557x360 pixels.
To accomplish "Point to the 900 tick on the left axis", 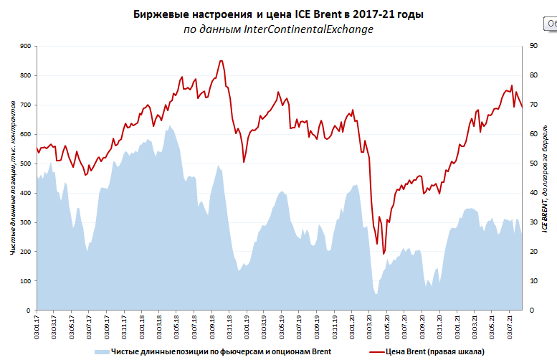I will click(x=26, y=46).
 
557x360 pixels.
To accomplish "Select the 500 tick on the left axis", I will click(x=26, y=164).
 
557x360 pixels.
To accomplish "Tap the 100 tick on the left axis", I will click(x=26, y=281).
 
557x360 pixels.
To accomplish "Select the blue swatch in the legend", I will click(x=102, y=352).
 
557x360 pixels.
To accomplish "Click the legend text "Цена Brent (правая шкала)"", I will click(x=436, y=352).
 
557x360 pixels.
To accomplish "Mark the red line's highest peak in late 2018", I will click(x=221, y=61).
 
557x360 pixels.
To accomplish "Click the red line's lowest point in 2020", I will click(x=384, y=254).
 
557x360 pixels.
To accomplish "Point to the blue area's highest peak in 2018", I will click(x=169, y=125).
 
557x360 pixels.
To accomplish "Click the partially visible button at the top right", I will click(x=551, y=24).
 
